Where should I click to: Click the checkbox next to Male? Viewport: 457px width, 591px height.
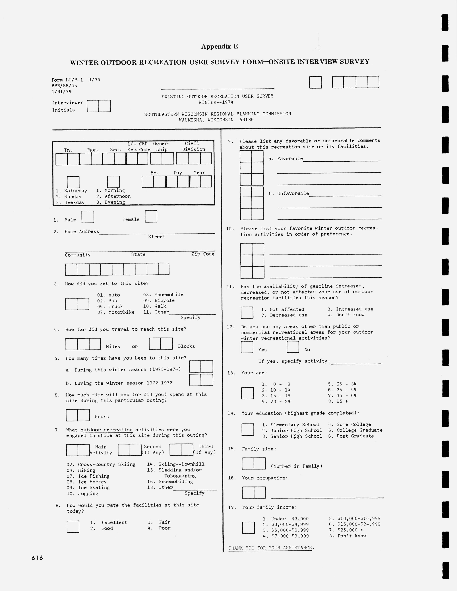pos(88,217)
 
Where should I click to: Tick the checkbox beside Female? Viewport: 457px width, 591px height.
pos(151,217)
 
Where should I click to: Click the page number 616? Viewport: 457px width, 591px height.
pos(37,558)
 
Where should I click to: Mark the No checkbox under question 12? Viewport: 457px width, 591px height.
pos(293,347)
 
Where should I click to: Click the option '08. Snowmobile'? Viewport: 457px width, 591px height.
pos(163,295)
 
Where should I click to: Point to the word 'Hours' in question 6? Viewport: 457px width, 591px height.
pos(102,417)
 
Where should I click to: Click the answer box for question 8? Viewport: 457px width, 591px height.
pos(73,527)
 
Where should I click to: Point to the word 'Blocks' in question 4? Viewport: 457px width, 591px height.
pos(186,346)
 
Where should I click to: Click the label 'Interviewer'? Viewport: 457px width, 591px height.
pos(68,103)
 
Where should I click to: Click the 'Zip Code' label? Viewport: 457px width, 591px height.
pos(203,254)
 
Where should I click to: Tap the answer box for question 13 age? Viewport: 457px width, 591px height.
pos(247,393)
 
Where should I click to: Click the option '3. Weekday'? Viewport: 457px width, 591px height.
pos(70,202)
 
